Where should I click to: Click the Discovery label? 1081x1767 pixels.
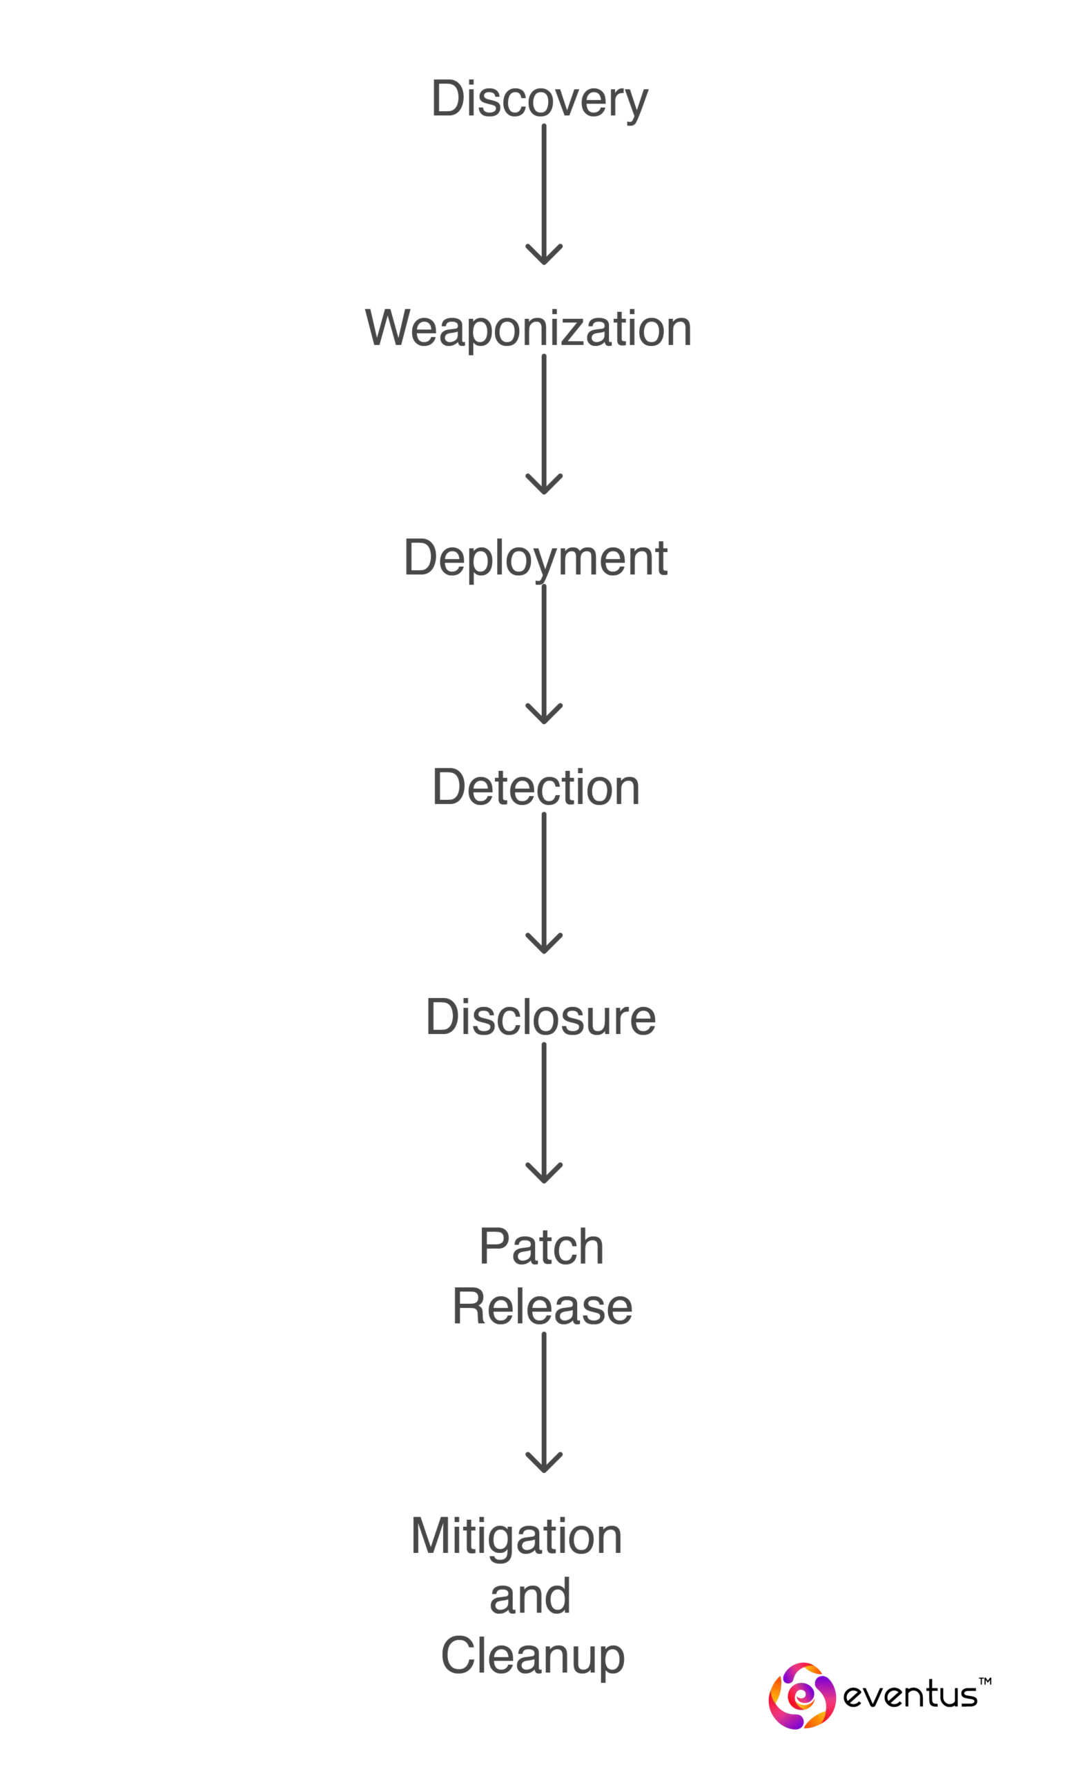pos(539,99)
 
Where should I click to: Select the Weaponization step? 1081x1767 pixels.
pos(529,329)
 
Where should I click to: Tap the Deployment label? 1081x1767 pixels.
pos(535,559)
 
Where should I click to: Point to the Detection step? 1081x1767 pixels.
pos(535,787)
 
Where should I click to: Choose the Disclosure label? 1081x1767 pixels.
pos(540,1017)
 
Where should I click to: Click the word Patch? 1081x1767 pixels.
pos(543,1247)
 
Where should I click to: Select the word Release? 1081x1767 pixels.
pos(543,1305)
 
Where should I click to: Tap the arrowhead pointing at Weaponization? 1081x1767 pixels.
pos(544,257)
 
